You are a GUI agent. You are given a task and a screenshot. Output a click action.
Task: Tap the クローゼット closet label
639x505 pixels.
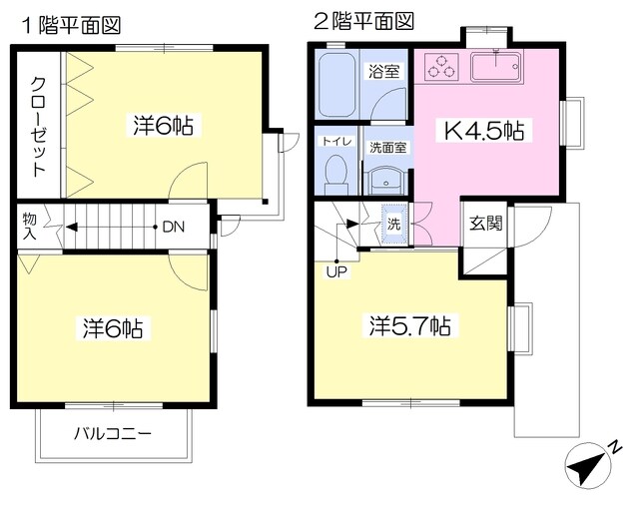pyautogui.click(x=39, y=127)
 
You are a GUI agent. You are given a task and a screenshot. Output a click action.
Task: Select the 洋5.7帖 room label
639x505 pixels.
pyautogui.click(x=409, y=326)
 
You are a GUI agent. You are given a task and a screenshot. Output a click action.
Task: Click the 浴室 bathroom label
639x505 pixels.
pyautogui.click(x=383, y=72)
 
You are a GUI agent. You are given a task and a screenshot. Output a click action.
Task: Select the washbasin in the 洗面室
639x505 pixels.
pyautogui.click(x=385, y=179)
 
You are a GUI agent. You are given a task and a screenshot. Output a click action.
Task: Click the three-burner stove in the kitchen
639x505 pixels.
pyautogui.click(x=440, y=68)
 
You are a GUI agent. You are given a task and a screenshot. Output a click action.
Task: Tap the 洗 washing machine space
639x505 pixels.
pyautogui.click(x=394, y=224)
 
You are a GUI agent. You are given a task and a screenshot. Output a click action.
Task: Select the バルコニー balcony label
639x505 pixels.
pyautogui.click(x=113, y=434)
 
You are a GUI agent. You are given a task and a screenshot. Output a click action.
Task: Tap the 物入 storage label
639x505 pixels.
pyautogui.click(x=32, y=225)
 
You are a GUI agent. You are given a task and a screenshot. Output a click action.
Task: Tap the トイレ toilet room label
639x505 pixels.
pyautogui.click(x=335, y=143)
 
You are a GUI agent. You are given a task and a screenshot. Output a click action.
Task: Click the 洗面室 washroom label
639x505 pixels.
pyautogui.click(x=387, y=146)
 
